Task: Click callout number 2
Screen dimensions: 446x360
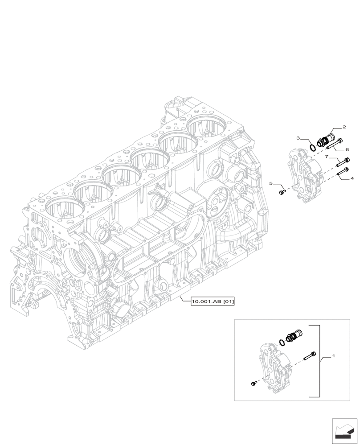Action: click(344, 127)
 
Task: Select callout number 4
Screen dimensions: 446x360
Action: click(352, 178)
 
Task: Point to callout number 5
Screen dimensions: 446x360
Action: click(270, 183)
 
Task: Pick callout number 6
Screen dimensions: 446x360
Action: click(347, 150)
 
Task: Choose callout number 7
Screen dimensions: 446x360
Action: click(327, 157)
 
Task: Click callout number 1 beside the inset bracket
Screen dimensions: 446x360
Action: click(333, 357)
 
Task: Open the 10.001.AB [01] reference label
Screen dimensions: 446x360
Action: click(213, 302)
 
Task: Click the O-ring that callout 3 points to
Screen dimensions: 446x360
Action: click(313, 145)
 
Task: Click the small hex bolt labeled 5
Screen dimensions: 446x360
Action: click(282, 192)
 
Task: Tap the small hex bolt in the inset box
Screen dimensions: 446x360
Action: click(254, 383)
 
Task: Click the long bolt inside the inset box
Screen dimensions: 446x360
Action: click(311, 355)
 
